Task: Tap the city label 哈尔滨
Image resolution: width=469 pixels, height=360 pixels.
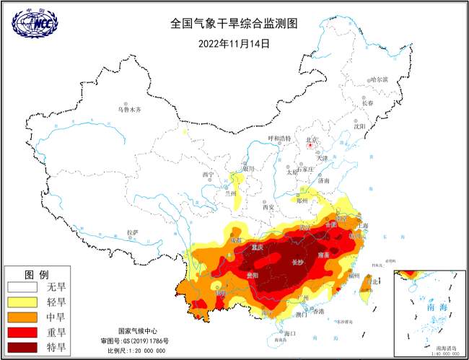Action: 378,79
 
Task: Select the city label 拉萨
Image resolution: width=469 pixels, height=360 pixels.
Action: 132,232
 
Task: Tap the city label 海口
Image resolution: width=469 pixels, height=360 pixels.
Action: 290,334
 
